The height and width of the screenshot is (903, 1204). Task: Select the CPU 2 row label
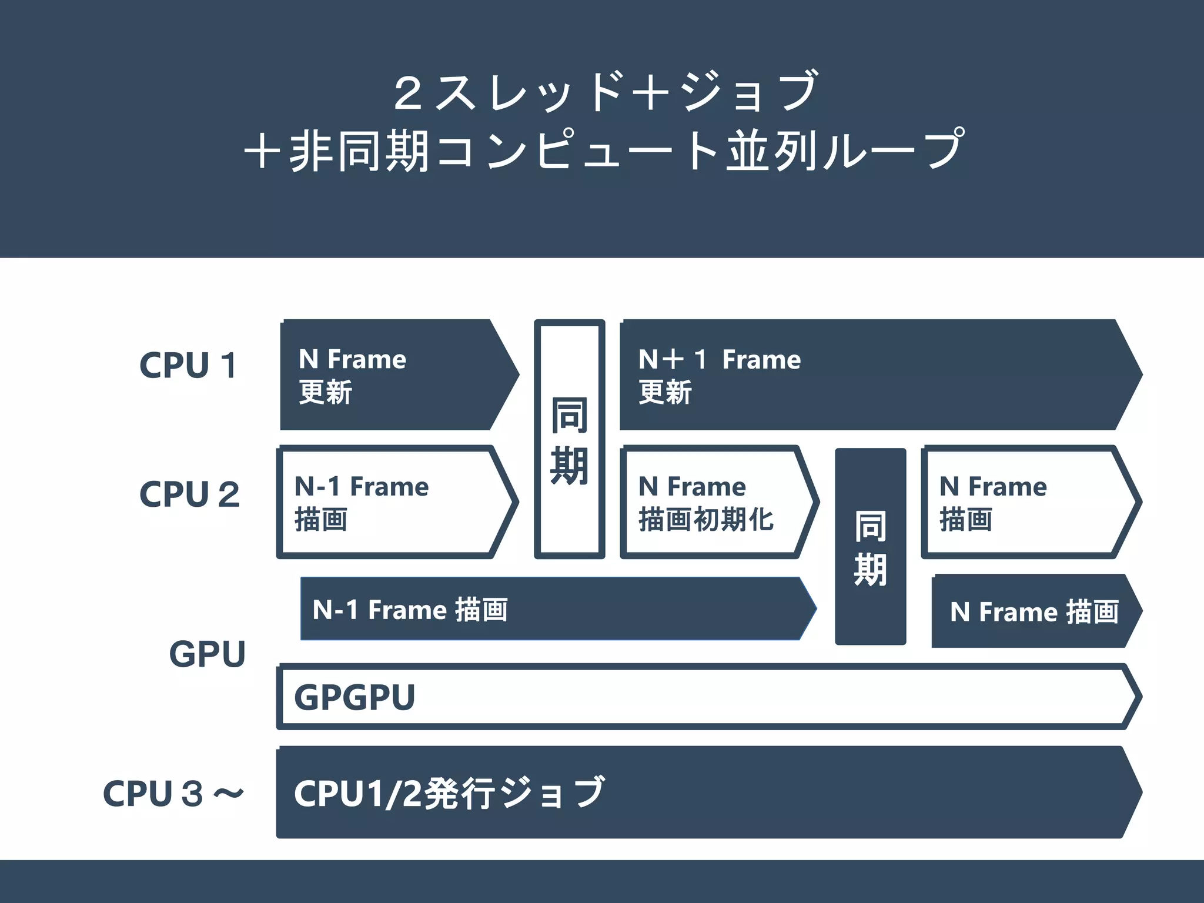tap(189, 494)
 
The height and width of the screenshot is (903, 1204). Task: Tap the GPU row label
tap(207, 654)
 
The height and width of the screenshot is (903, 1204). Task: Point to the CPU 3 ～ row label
tap(173, 793)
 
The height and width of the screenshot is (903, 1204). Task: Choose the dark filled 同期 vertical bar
tap(870, 547)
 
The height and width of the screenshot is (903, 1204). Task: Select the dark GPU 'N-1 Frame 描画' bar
tap(553, 609)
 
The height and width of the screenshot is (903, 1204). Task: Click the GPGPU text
tap(354, 697)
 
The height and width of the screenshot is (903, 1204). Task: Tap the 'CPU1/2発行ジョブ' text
tap(449, 793)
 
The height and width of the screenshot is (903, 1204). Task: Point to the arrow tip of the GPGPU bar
tap(1135, 697)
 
